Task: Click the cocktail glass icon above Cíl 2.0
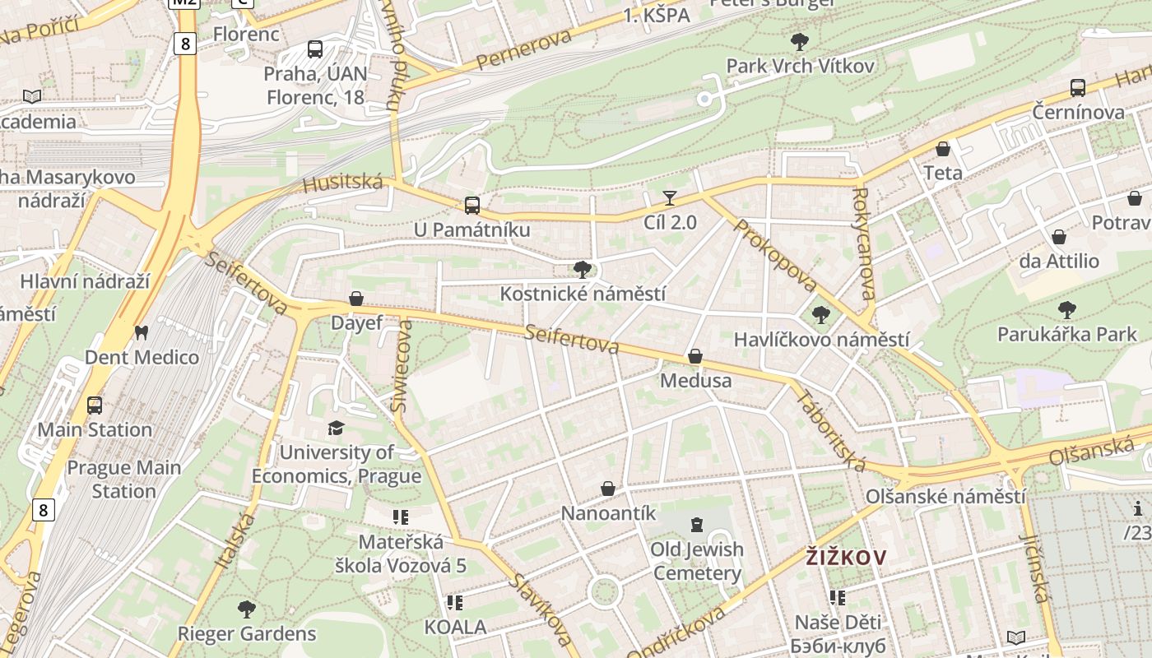pyautogui.click(x=670, y=197)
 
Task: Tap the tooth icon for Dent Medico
pyautogui.click(x=141, y=333)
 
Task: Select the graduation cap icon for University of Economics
pyautogui.click(x=336, y=428)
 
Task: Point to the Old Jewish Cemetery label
pyautogui.click(x=697, y=561)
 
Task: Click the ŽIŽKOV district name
pyautogui.click(x=846, y=558)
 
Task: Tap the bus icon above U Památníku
pyautogui.click(x=471, y=205)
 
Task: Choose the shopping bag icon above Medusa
pyautogui.click(x=695, y=356)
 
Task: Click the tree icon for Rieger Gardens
pyautogui.click(x=246, y=609)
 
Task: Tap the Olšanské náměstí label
pyautogui.click(x=945, y=497)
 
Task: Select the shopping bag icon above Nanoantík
pyautogui.click(x=608, y=489)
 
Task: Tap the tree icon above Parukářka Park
pyautogui.click(x=1067, y=310)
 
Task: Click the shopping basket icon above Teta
pyautogui.click(x=943, y=149)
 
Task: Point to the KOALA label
pyautogui.click(x=455, y=627)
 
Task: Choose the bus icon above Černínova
pyautogui.click(x=1078, y=88)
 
